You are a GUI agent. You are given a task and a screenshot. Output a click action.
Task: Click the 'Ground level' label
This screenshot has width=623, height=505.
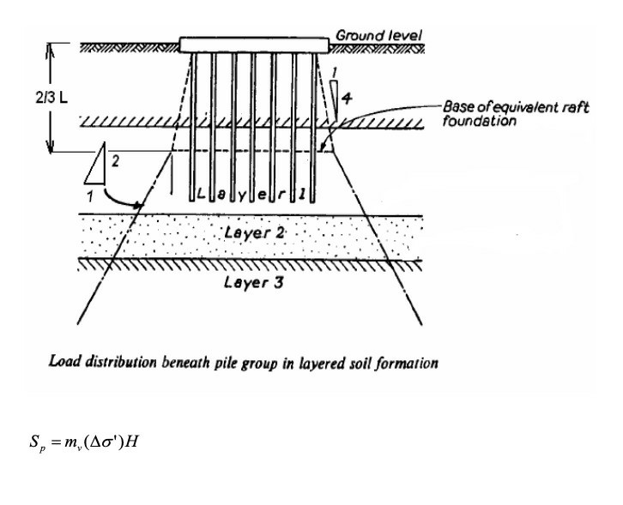click(x=378, y=35)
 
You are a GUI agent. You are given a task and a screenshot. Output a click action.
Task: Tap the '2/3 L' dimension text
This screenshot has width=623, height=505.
click(x=51, y=97)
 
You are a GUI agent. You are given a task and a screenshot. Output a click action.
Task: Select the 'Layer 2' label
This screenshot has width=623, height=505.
click(x=255, y=232)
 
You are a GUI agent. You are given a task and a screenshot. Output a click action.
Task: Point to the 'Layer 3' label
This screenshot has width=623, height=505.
click(x=254, y=282)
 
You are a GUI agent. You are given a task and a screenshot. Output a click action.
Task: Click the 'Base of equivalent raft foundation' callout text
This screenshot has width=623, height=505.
click(x=516, y=113)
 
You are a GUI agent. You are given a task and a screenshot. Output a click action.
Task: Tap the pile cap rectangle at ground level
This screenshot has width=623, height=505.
click(x=254, y=45)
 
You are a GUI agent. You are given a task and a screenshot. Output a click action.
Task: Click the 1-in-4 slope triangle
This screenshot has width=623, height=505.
click(x=334, y=100)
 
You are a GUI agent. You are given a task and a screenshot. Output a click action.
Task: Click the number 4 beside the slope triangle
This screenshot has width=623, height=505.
click(x=347, y=98)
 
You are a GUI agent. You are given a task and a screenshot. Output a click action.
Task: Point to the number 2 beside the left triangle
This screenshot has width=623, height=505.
click(x=115, y=161)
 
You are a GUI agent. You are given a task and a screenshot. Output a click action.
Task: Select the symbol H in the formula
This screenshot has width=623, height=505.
click(x=130, y=441)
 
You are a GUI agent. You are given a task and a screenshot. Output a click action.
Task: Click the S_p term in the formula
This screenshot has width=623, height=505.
click(x=37, y=442)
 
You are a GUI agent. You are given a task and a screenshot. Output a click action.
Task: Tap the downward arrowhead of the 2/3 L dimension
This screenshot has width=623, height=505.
click(x=50, y=147)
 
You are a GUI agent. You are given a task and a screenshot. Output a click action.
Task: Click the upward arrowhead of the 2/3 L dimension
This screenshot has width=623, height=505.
click(x=50, y=49)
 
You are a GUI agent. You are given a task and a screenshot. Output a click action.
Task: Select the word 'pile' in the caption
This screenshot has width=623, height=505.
click(x=226, y=364)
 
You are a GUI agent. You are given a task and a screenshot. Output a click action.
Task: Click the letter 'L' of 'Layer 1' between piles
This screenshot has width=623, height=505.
click(x=202, y=194)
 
